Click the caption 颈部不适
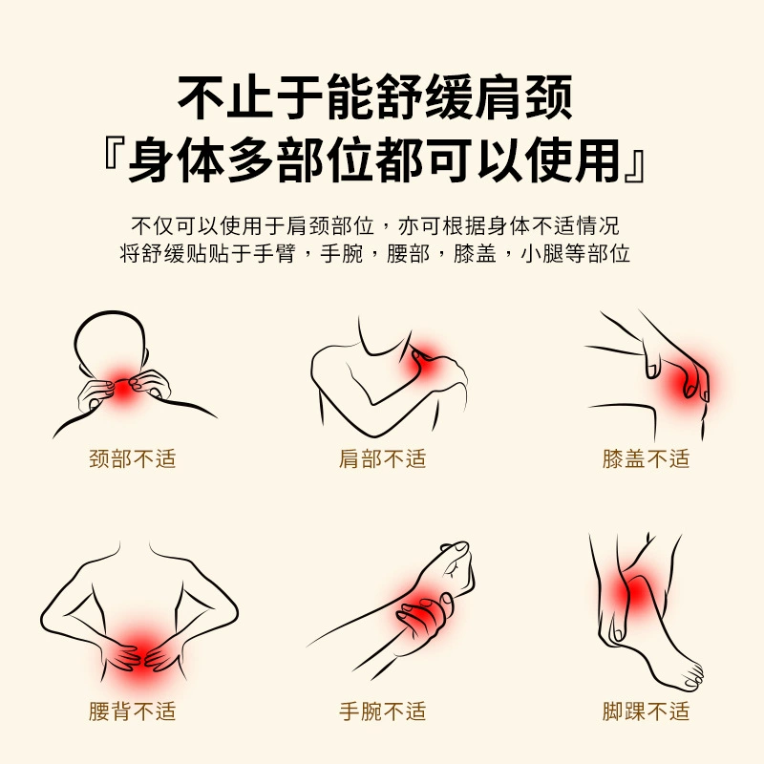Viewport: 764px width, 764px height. point(133,459)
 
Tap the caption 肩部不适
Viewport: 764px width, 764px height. point(383,459)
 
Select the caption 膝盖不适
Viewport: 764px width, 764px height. point(647,459)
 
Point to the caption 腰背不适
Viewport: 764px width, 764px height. point(133,711)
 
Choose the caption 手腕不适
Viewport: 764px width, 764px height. point(383,711)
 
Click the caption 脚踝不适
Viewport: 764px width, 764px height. point(647,711)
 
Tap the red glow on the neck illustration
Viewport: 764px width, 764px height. point(121,385)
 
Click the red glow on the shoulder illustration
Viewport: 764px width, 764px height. point(423,358)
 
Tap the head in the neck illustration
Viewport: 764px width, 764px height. point(110,344)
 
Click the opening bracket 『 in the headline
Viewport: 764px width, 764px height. point(114,155)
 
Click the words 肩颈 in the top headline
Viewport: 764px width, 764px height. point(524,97)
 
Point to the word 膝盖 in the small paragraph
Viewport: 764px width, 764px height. point(475,253)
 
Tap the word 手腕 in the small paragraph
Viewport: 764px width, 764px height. point(342,253)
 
